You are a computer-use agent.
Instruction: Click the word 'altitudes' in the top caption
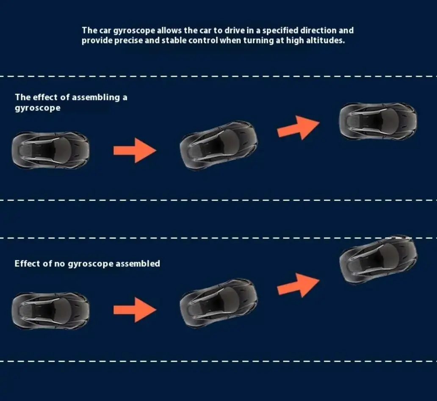point(327,41)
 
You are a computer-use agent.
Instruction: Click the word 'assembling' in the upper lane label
point(96,97)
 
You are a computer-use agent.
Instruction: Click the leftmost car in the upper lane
point(50,150)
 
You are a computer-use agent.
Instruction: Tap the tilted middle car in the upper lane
point(218,146)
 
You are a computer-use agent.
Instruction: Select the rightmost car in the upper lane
point(378,121)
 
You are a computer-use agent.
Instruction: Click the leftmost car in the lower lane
point(50,310)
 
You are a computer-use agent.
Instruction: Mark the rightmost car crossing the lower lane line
point(378,259)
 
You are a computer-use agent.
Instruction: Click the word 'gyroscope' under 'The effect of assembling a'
point(38,108)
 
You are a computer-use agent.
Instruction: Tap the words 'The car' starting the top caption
point(97,30)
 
